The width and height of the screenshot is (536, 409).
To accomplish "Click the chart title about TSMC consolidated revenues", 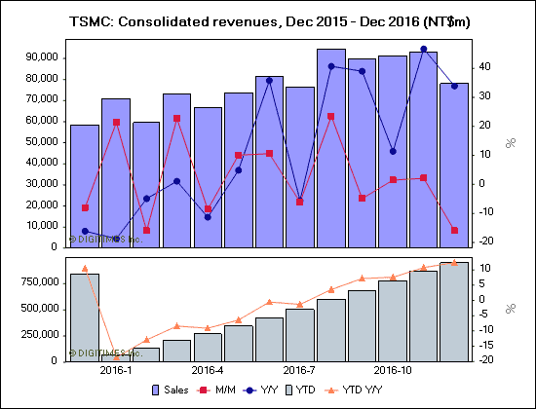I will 268,19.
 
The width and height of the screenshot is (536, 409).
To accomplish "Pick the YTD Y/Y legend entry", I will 373,391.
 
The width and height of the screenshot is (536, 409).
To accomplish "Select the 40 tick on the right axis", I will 483,67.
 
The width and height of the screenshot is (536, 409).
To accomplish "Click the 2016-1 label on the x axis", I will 116,371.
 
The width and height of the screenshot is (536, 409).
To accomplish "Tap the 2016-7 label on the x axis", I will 298,371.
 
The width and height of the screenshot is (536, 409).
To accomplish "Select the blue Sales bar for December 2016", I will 454,166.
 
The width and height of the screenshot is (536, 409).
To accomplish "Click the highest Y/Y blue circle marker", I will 423,49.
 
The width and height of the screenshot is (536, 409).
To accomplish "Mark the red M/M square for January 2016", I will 116,122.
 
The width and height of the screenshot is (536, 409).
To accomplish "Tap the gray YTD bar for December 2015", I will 85,316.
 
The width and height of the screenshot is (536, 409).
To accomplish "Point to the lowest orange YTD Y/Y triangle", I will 116,357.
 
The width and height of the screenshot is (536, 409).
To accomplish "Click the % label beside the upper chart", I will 510,143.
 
